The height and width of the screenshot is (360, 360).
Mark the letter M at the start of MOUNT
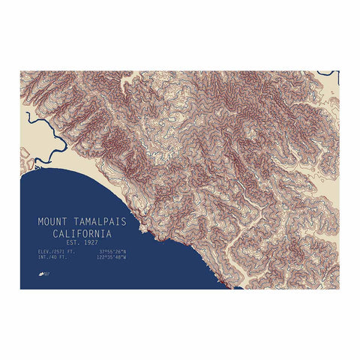coord(41,223)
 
